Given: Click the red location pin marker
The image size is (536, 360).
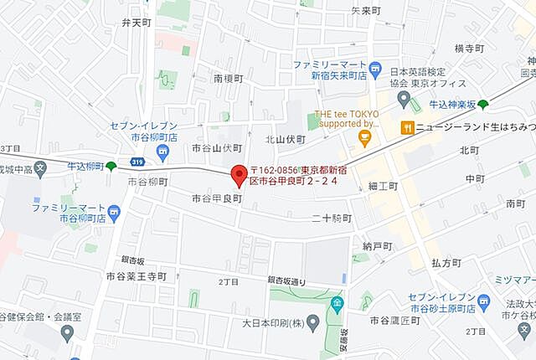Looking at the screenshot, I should pyautogui.click(x=240, y=174).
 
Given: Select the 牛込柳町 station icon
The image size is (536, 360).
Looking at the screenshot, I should pyautogui.click(x=111, y=167).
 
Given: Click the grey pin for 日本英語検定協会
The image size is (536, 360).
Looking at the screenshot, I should pyautogui.click(x=405, y=101).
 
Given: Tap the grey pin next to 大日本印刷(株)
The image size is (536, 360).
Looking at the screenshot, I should pyautogui.click(x=313, y=321).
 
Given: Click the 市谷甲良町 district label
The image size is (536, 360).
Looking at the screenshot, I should pyautogui.click(x=216, y=198).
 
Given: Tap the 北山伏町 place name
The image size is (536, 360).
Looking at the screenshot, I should pyautogui.click(x=286, y=139).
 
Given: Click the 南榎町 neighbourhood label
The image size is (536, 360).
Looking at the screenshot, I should pyautogui.click(x=228, y=78).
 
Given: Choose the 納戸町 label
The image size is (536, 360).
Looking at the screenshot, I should pyautogui.click(x=378, y=245).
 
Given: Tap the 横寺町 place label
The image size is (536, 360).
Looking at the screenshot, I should pyautogui.click(x=470, y=49).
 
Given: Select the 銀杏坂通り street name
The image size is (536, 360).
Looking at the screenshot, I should pyautogui.click(x=292, y=280).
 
